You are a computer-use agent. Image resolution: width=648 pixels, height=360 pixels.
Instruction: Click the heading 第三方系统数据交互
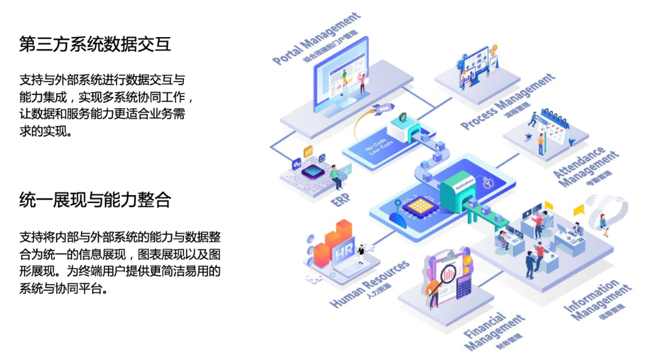pos(95,44)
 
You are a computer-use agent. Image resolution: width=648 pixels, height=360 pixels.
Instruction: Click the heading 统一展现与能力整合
pos(95,200)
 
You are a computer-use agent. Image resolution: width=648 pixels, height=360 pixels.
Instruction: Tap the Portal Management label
pos(316,38)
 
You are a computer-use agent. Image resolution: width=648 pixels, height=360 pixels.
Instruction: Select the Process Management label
pos(507,103)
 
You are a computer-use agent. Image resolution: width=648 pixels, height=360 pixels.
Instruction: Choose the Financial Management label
pos(494,330)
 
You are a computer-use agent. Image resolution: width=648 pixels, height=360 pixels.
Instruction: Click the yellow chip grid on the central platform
pos(418,206)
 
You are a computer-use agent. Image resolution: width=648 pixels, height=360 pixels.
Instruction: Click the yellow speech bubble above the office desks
pos(578,211)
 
